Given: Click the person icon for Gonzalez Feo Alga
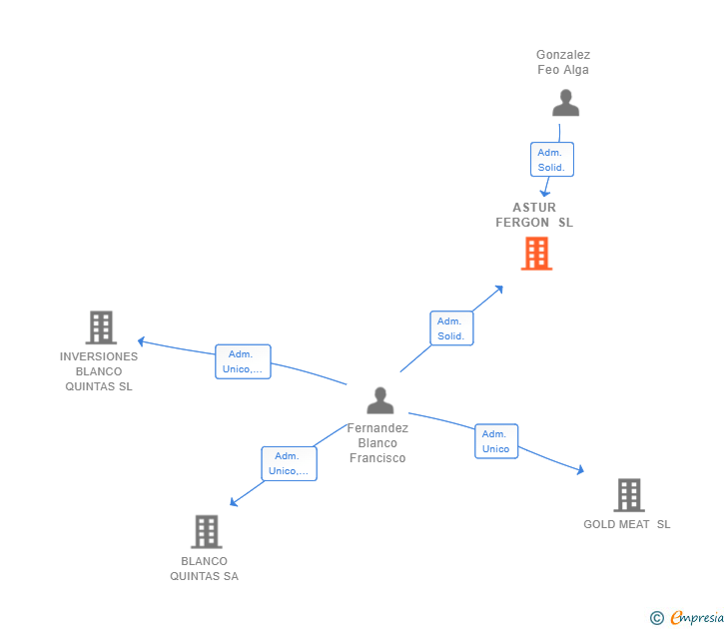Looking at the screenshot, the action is tap(565, 104).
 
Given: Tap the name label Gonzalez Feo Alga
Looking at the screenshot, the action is tap(563, 62).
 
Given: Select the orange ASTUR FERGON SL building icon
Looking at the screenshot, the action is tap(536, 254).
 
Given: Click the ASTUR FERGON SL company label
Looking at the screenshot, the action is tap(534, 215).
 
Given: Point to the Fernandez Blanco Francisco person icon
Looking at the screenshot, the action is tap(379, 400).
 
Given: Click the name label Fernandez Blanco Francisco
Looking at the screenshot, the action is tap(377, 442).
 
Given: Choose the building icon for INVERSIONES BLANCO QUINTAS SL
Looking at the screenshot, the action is tap(100, 327).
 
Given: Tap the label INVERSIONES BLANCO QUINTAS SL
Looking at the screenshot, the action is tap(99, 371).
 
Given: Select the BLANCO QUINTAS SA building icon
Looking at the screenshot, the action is tap(206, 531).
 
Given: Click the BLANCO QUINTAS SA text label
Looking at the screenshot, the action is tap(205, 568).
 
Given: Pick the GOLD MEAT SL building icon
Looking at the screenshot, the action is tap(628, 494).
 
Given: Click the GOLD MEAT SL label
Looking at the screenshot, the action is tap(627, 524).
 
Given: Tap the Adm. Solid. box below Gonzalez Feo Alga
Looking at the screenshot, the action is tap(551, 160).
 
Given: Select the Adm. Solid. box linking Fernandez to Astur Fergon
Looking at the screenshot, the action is tap(451, 328).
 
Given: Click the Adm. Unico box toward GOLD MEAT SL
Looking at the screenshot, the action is tap(496, 441).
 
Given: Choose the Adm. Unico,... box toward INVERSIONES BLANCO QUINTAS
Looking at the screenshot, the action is tap(243, 361).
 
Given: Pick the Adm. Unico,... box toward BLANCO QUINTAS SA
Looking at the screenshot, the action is tap(290, 463).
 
